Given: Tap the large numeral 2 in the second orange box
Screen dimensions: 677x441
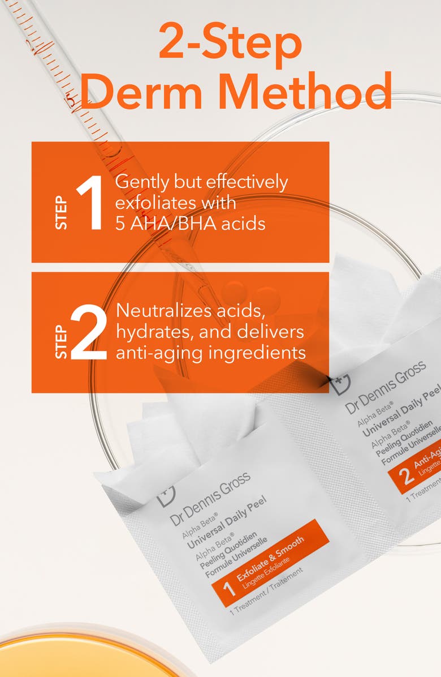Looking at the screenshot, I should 89,333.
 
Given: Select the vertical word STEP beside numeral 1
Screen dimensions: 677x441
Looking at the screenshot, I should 61,213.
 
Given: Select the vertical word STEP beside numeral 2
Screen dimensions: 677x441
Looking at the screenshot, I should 61,342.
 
